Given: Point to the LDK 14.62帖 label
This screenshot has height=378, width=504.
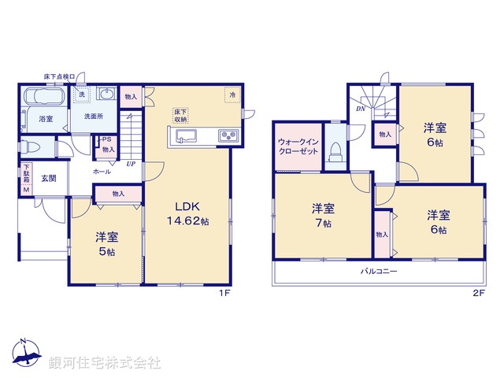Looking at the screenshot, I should click(187, 215).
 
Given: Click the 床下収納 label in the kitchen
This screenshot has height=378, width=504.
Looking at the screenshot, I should click(180, 116).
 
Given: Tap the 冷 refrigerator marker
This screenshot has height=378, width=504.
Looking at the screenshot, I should click(233, 94).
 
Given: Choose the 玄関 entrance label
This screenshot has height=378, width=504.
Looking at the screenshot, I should click(49, 178).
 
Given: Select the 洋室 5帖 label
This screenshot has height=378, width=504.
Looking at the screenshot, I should click(106, 243).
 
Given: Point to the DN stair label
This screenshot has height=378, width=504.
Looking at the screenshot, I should click(360, 109).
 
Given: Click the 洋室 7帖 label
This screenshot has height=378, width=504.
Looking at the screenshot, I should click(323, 215).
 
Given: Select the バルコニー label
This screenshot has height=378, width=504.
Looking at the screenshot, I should click(379, 271).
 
